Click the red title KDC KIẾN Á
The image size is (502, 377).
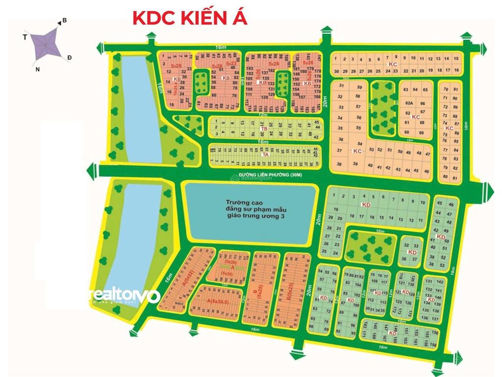click(190, 18)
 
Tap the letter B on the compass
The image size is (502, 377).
click(64, 21)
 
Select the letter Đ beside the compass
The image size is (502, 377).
click(70, 58)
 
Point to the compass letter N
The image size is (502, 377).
click(37, 68)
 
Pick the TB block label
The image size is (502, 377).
click(264, 129)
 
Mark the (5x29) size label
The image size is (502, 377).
click(226, 273)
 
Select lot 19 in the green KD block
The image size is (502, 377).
click(336, 209)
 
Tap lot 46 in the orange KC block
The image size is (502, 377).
click(427, 171)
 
